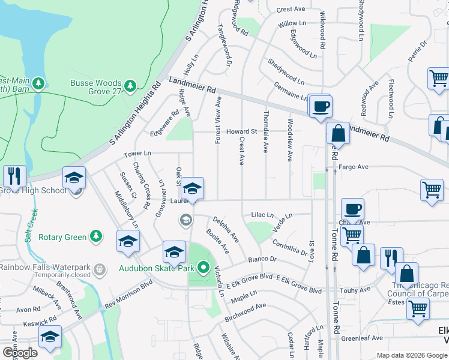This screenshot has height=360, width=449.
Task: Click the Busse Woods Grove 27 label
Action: (96, 87)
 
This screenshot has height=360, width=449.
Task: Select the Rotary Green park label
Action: (63, 237)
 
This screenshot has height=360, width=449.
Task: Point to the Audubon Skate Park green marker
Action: (203, 268)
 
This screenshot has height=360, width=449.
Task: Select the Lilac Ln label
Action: (262, 215)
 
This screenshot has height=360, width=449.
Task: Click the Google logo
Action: (19, 352)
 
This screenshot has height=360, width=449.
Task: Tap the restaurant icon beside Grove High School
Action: (14, 176)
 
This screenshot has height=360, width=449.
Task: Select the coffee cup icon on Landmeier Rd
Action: (321, 107)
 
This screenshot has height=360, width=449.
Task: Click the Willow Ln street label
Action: (292, 24)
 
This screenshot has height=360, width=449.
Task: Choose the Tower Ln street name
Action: (137, 154)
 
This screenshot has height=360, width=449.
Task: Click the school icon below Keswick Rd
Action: (50, 337)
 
